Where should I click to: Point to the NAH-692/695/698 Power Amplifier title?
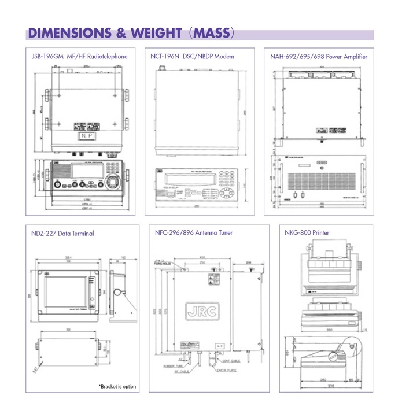click(318, 57)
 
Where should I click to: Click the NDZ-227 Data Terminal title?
click(62, 234)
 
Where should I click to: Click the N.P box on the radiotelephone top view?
click(85, 136)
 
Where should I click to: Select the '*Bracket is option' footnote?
click(117, 386)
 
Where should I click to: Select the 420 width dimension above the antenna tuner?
click(202, 257)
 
